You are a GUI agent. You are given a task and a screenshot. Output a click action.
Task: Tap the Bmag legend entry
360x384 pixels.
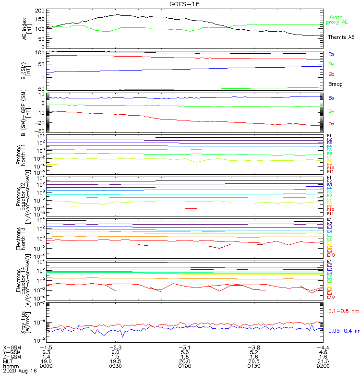click(x=335, y=84)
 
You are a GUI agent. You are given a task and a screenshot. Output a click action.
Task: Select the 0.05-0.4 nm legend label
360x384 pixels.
click(x=344, y=331)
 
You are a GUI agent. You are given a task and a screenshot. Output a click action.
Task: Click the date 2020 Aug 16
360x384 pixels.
click(x=19, y=371)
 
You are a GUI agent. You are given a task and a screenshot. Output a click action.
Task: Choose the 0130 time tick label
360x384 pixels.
click(x=253, y=366)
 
